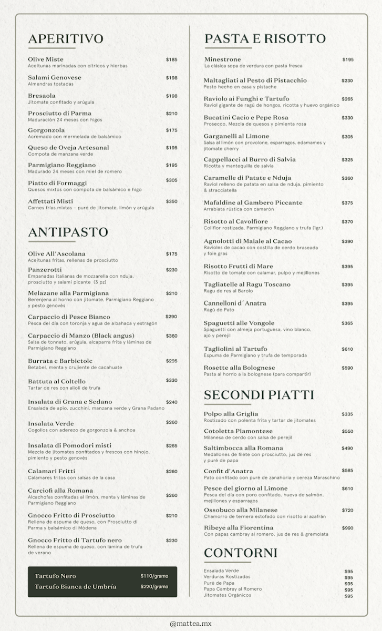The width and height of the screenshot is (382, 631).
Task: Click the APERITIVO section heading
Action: pyautogui.click(x=66, y=38)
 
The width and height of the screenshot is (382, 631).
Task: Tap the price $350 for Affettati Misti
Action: pyautogui.click(x=171, y=201)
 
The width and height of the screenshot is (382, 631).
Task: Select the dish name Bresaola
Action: pyautogui.click(x=42, y=96)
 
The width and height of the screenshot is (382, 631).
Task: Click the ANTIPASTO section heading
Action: pyautogui.click(x=68, y=232)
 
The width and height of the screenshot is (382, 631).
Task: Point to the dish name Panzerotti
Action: pyautogui.click(x=45, y=270)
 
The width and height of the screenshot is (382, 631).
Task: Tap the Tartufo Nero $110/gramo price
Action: pyautogui.click(x=154, y=576)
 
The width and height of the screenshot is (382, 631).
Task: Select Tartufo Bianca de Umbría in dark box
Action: pyautogui.click(x=75, y=586)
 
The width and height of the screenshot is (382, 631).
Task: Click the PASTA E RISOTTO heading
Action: pyautogui.click(x=265, y=38)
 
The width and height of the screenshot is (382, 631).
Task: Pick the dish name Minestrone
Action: pyautogui.click(x=222, y=59)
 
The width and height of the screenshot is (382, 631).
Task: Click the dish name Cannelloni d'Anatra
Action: pyautogui.click(x=235, y=303)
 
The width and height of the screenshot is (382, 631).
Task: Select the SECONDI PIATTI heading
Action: pyautogui.click(x=259, y=395)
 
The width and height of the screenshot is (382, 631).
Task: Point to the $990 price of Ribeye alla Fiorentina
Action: pyautogui.click(x=347, y=528)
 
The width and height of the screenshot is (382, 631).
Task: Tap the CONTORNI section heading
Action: pyautogui.click(x=240, y=553)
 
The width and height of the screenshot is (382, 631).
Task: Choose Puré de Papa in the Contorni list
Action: pyautogui.click(x=219, y=583)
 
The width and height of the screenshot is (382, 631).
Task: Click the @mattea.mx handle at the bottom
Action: pyautogui.click(x=190, y=624)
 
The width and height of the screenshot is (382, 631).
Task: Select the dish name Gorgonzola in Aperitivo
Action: pyautogui.click(x=46, y=130)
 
